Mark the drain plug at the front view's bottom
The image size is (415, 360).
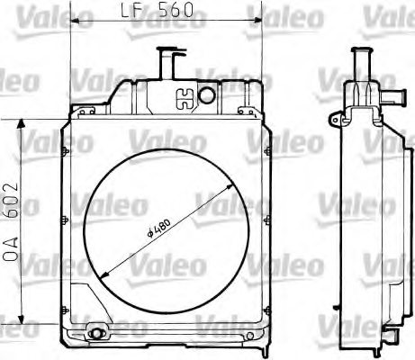pyautogui.click(x=96, y=336)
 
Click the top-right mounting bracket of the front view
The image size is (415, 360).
pyautogui.click(x=248, y=112)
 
